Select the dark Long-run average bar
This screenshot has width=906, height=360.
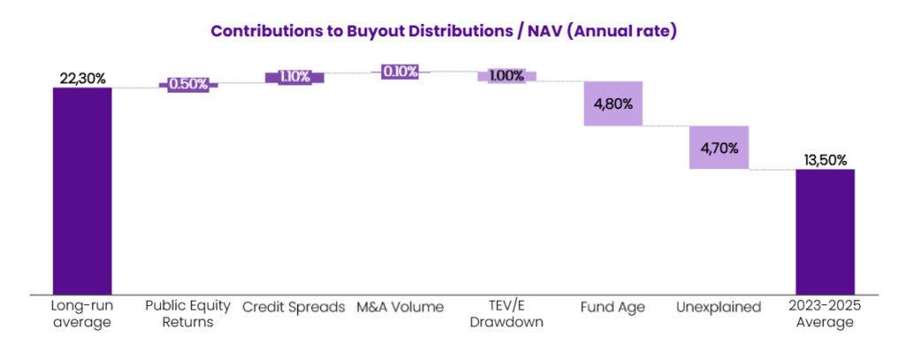82,190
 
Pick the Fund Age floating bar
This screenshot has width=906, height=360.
612,103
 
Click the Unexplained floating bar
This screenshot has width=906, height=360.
718,147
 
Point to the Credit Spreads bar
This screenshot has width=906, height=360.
295,77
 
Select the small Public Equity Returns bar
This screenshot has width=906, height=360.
188,85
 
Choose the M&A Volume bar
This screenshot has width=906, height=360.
400,72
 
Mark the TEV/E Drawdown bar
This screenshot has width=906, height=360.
506,76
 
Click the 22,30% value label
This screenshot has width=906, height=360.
82,79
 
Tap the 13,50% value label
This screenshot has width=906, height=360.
825,160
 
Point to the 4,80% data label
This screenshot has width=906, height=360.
612,103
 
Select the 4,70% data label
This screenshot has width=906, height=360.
718,148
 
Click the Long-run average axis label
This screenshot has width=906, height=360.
82,315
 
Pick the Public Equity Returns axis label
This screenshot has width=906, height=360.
188,315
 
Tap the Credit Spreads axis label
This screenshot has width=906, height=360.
295,308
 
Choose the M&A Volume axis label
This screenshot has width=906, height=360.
400,308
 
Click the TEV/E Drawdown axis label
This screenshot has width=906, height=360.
506,315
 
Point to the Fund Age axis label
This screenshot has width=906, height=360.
612,308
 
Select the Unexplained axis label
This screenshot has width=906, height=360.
718,308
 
